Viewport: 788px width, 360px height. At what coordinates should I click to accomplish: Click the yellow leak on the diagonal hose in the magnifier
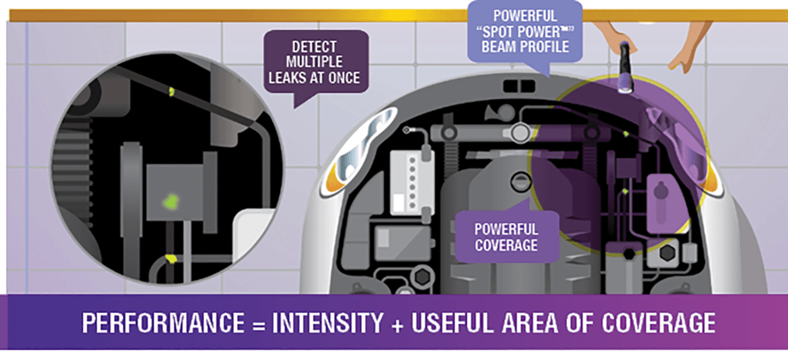[172, 92]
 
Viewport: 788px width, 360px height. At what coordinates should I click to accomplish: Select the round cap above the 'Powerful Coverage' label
[523, 182]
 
